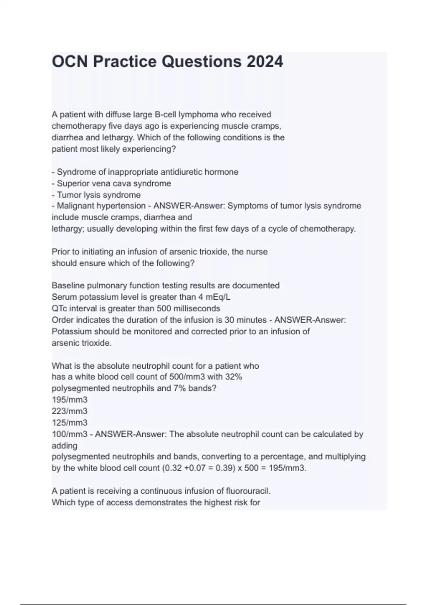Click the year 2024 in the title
[265, 62]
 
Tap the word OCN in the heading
[70, 62]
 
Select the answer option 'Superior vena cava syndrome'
[114, 184]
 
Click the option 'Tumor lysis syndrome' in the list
[99, 195]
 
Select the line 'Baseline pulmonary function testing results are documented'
[165, 285]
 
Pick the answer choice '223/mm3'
[69, 411]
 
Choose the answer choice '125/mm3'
[69, 423]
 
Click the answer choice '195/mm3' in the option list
[69, 400]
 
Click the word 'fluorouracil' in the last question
[248, 491]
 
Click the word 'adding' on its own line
[64, 446]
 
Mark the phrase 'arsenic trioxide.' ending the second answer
[81, 343]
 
